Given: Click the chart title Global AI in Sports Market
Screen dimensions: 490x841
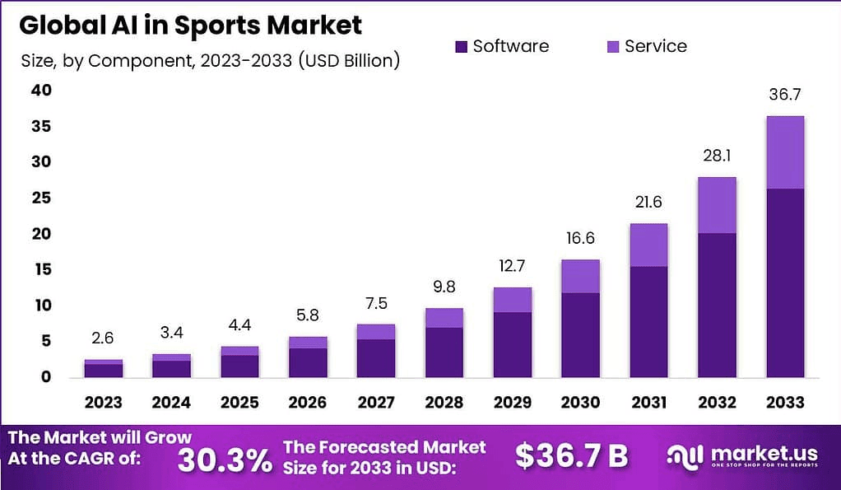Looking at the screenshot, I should (x=190, y=25).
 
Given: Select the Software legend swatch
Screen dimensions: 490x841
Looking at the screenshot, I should (x=461, y=47).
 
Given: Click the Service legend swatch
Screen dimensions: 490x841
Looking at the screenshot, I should (x=612, y=47).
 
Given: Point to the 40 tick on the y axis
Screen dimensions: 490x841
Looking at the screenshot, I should (x=40, y=91).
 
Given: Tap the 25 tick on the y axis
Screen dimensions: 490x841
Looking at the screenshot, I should (x=40, y=198).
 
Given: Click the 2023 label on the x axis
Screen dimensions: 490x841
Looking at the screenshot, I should (x=104, y=402).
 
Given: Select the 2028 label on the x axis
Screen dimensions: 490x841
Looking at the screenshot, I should (x=444, y=402).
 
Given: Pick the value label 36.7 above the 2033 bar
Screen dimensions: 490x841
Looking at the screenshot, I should (x=784, y=95).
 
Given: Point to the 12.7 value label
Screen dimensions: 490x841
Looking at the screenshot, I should (x=512, y=266).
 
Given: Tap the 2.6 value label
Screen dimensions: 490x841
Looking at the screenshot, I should (x=104, y=338).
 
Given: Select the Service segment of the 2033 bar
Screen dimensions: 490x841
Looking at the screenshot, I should (x=784, y=152).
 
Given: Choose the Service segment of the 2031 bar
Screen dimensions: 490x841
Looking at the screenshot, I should (x=648, y=245).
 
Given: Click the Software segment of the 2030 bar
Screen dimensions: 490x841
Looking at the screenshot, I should (x=580, y=334).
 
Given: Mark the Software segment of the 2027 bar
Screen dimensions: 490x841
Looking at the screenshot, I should (x=376, y=357).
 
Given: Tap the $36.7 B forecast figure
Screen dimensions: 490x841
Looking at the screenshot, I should (x=572, y=455).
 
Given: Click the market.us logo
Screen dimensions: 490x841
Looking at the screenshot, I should (x=742, y=455).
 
